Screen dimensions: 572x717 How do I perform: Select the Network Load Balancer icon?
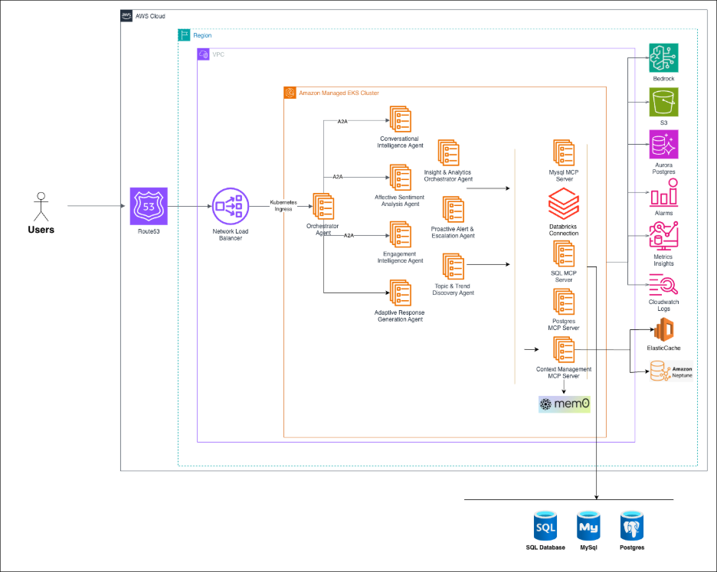click(x=231, y=206)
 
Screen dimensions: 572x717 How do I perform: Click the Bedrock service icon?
click(x=663, y=58)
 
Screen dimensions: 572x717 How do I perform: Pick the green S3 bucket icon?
click(x=663, y=102)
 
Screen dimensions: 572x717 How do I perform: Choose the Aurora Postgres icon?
click(x=663, y=144)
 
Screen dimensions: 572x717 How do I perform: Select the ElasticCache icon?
click(x=663, y=330)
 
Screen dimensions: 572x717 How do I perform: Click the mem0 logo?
click(x=565, y=404)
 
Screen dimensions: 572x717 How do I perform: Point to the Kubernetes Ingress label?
click(x=283, y=205)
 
